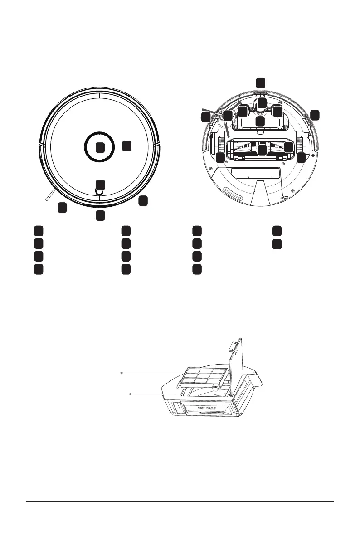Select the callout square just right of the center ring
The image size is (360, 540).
coord(127,146)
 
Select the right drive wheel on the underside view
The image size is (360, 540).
coord(300,142)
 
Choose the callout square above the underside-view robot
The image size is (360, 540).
coord(260,83)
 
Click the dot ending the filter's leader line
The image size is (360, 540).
coord(122,372)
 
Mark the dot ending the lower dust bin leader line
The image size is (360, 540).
coord(131,394)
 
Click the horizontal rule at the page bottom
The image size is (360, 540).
coord(180,502)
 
